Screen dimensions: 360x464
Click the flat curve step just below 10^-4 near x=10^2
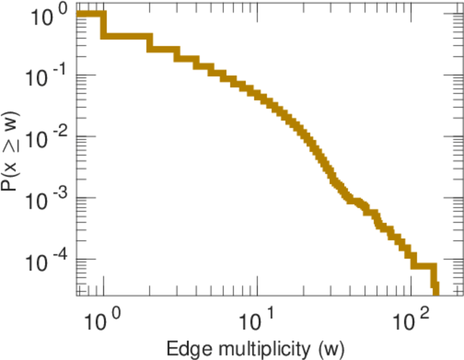[x=424, y=266]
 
